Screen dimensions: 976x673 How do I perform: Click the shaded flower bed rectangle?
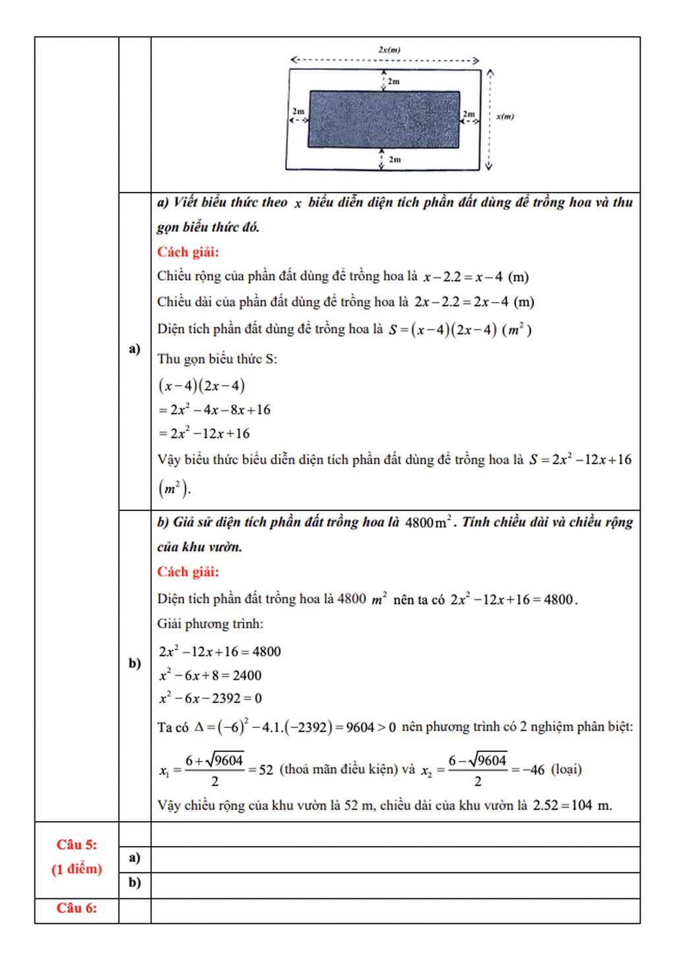(x=383, y=119)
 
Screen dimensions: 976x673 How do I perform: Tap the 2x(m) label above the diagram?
(x=389, y=49)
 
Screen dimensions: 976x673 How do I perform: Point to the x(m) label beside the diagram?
(x=505, y=117)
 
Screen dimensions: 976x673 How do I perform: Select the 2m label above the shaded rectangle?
(x=393, y=81)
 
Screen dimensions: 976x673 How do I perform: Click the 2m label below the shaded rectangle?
(x=395, y=160)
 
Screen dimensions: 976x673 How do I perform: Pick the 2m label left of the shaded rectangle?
(x=298, y=111)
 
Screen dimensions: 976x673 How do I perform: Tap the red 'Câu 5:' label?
(x=77, y=845)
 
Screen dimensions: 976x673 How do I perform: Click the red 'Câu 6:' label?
(x=77, y=908)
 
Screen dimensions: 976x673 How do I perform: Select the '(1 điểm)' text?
(x=77, y=869)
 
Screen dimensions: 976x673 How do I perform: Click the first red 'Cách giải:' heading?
(x=188, y=252)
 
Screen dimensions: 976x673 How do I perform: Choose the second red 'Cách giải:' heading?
(x=188, y=572)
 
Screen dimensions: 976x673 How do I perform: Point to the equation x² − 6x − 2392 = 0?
(x=210, y=698)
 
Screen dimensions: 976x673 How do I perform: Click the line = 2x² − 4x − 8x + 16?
(x=214, y=410)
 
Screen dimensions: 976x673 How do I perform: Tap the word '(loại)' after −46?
(x=566, y=769)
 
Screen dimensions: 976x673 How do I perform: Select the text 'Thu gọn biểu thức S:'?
(x=217, y=359)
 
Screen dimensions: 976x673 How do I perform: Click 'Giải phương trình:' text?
(x=210, y=624)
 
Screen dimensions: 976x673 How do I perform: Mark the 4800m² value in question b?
(x=428, y=522)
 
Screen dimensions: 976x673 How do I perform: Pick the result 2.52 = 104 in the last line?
(x=562, y=805)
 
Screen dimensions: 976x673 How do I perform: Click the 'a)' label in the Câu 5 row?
(x=135, y=857)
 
